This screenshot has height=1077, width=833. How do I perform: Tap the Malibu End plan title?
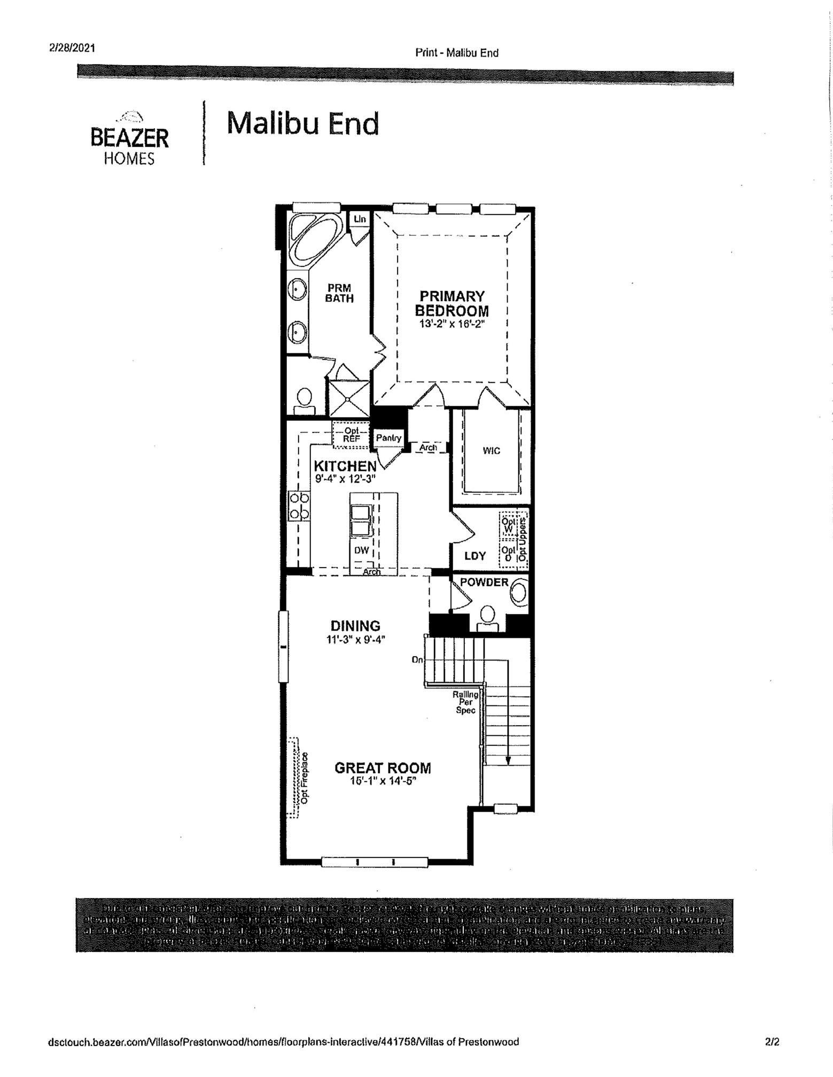302,123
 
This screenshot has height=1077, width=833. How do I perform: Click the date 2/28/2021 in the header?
72,48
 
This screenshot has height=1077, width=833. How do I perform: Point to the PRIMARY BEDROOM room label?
451,303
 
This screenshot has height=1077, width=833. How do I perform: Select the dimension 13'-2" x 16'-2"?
451,324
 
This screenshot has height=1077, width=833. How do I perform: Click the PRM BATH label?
339,293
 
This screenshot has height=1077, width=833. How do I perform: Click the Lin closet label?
360,219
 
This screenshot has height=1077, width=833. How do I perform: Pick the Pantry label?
388,438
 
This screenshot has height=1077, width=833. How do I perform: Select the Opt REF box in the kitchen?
351,435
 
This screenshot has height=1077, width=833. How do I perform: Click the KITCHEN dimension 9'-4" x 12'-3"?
345,479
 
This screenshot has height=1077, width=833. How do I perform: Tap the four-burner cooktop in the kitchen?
299,506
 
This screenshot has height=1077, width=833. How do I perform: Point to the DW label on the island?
362,550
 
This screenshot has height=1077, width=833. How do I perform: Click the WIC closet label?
491,451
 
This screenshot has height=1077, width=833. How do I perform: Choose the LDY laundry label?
474,556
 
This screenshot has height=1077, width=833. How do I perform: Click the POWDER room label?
484,582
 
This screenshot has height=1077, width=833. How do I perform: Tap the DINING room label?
355,626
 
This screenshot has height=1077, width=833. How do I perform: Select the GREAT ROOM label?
383,768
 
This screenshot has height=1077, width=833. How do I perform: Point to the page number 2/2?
772,1041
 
